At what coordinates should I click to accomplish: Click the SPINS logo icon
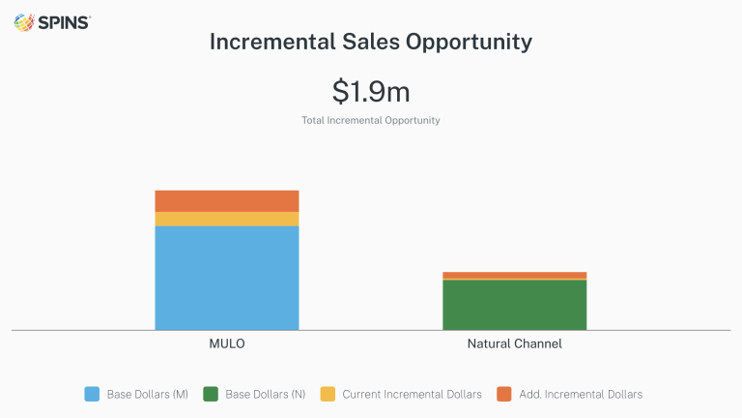click(24, 22)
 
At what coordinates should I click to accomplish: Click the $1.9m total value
click(371, 91)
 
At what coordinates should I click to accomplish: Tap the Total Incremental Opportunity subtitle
click(371, 121)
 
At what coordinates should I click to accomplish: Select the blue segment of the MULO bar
click(227, 278)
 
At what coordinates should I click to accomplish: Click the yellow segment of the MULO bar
click(227, 219)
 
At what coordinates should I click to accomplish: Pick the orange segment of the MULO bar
click(227, 201)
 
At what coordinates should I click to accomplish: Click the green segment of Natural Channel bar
click(514, 305)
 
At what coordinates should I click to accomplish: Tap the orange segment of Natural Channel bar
click(514, 275)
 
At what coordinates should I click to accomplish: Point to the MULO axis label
click(227, 344)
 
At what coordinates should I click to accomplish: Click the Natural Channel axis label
click(514, 344)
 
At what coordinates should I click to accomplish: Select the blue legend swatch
click(92, 394)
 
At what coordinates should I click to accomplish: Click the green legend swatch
click(210, 394)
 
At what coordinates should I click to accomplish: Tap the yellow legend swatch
click(328, 394)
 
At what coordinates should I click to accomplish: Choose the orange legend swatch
click(503, 394)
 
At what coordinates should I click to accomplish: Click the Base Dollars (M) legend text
click(147, 394)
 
